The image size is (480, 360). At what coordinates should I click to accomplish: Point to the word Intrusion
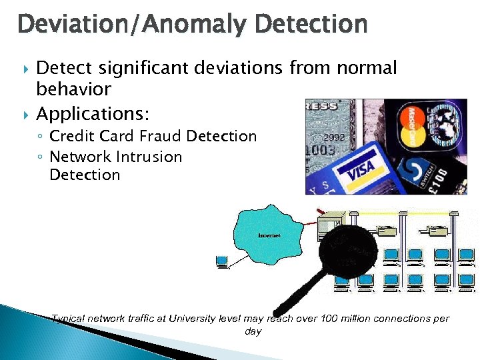pyautogui.click(x=149, y=157)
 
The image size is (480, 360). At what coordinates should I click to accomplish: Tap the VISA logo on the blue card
pyautogui.click(x=361, y=168)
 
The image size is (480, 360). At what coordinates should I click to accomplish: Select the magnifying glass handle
pyautogui.click(x=301, y=297)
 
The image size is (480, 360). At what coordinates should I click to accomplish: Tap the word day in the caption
pyautogui.click(x=253, y=331)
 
